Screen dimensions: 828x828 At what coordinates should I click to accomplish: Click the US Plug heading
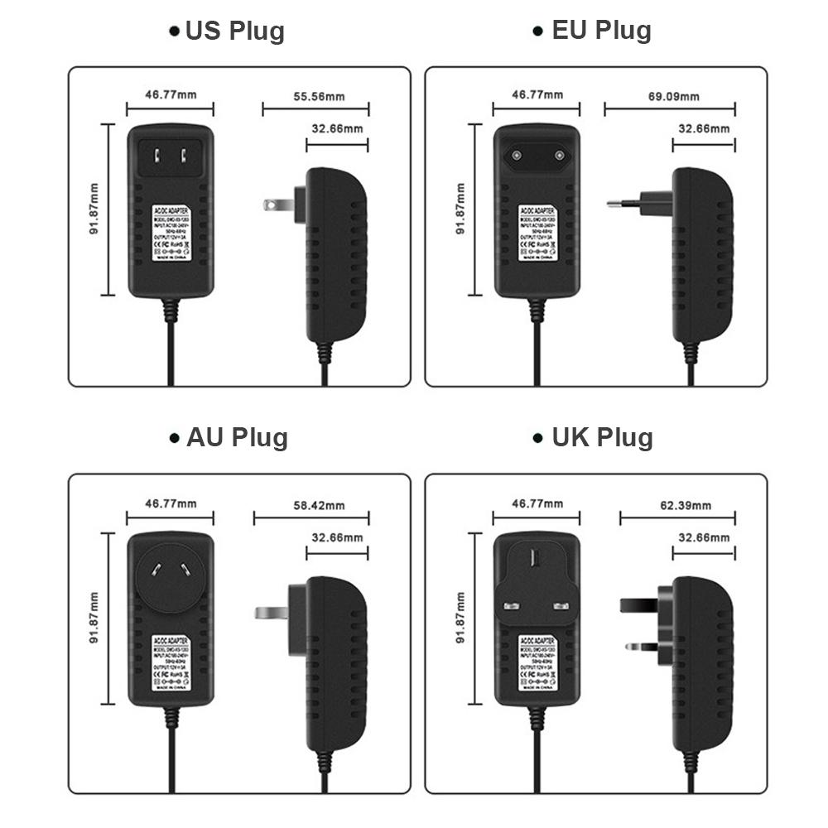[x=234, y=31]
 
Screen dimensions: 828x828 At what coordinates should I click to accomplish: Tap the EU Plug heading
[x=601, y=31]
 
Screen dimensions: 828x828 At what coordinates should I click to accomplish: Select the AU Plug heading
[x=237, y=437]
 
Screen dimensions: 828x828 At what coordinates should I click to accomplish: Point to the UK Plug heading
[x=602, y=437]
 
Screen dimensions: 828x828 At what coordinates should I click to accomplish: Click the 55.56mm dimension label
[x=319, y=97]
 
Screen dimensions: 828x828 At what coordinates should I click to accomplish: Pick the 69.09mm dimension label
[x=673, y=97]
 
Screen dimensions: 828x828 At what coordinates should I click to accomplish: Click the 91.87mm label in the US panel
[x=94, y=210]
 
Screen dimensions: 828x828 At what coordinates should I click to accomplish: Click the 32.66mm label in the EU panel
[x=704, y=128]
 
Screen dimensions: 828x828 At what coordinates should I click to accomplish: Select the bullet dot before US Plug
[x=174, y=31]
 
